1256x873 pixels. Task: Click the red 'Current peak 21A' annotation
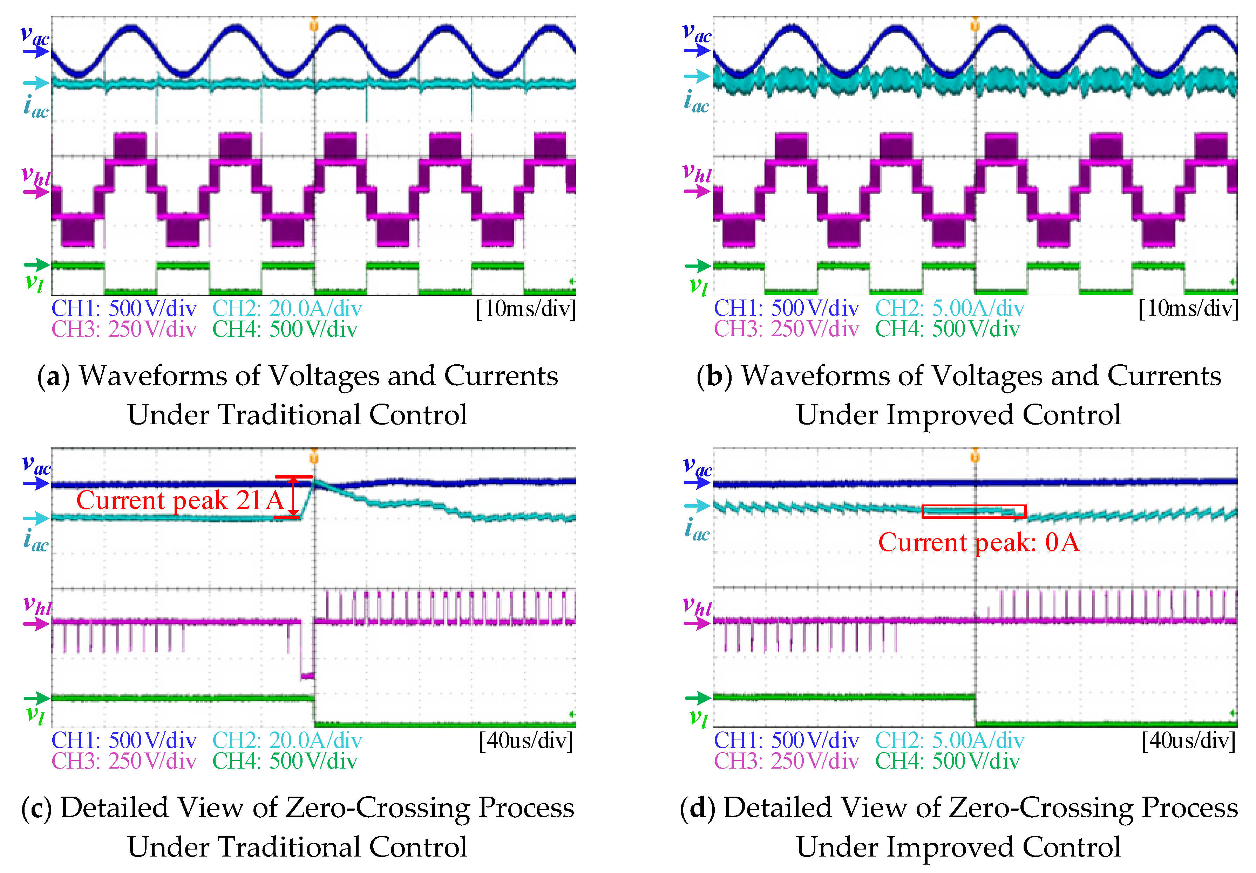180,500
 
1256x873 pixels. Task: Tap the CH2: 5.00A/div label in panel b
949,308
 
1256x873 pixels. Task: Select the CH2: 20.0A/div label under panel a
287,308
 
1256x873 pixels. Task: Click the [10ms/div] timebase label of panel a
526,308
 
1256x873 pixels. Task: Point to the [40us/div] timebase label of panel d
1188,740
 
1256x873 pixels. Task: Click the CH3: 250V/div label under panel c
124,761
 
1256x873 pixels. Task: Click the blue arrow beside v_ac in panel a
35,52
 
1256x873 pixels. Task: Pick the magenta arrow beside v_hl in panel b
697,191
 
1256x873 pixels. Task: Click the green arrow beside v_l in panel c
36,698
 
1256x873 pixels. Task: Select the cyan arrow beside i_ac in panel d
697,506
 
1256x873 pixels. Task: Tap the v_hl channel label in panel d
697,606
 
